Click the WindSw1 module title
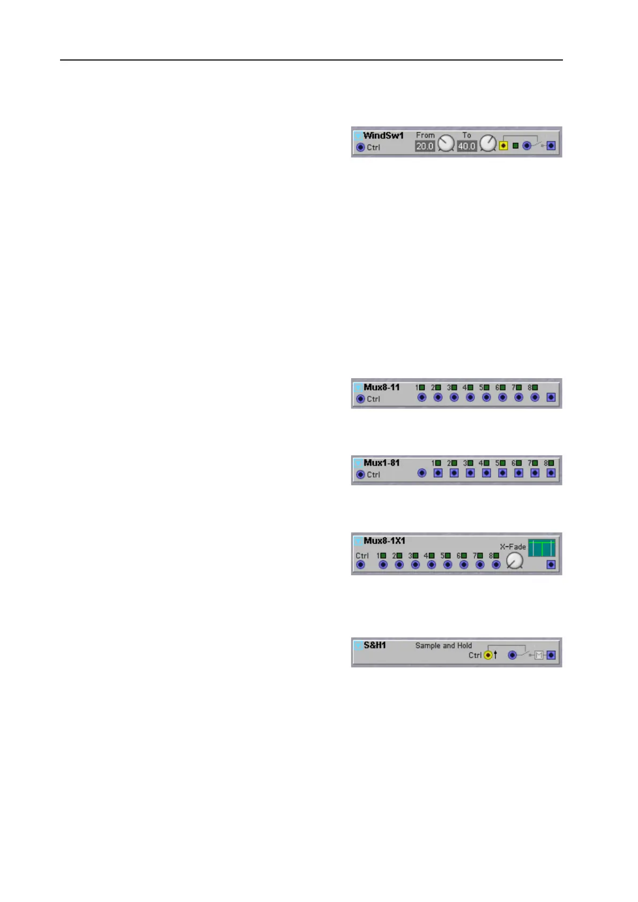tap(383, 136)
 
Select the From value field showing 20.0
tap(425, 146)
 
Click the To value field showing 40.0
tap(467, 146)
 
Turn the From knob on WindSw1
tap(446, 143)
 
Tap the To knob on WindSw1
tap(488, 143)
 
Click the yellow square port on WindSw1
tap(503, 146)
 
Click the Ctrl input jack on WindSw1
tap(361, 147)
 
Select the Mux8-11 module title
tap(382, 387)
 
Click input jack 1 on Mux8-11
tap(422, 397)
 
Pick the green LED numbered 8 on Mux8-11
tap(535, 387)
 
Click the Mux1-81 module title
tap(382, 463)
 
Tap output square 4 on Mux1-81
tap(486, 473)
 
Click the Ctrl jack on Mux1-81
tap(361, 475)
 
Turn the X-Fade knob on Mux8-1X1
tap(515, 560)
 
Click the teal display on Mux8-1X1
tap(541, 548)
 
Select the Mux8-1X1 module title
tap(384, 541)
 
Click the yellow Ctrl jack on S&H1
tap(488, 655)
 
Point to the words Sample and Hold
tap(443, 645)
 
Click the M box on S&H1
tap(539, 655)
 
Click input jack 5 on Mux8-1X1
tap(448, 565)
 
